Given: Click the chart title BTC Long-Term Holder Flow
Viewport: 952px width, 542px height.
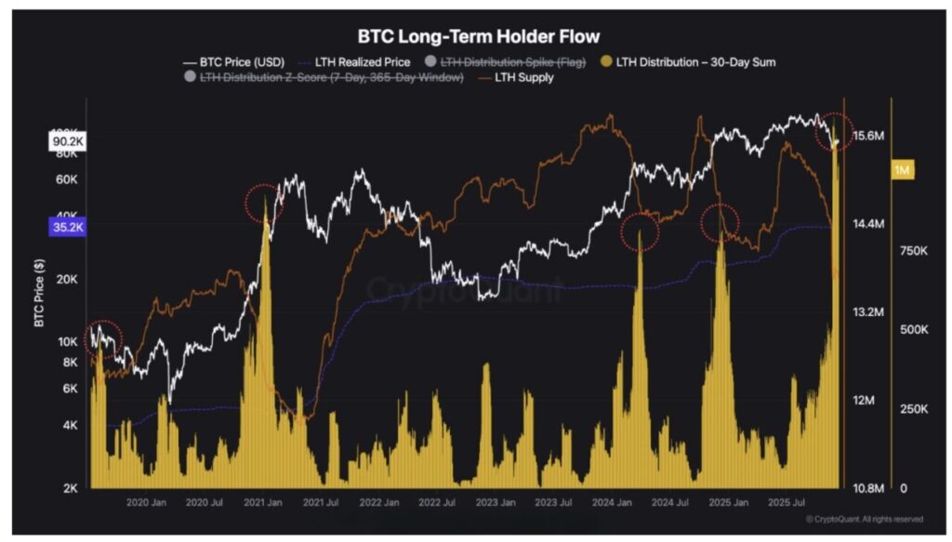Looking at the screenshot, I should click(479, 37).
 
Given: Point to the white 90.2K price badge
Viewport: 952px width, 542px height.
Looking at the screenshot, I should click(66, 140).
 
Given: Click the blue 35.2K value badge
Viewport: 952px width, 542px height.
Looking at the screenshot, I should click(66, 226).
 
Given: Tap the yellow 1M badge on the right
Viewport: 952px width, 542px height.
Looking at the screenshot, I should click(902, 170).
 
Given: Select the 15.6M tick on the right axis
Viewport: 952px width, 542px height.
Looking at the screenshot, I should click(868, 137).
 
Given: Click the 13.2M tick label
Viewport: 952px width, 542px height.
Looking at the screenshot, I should click(868, 311).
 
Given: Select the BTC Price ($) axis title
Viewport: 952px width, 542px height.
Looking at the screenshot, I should click(39, 294).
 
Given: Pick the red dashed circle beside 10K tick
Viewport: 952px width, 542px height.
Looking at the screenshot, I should click(103, 338).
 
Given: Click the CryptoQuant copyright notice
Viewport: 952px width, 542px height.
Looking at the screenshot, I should click(864, 520).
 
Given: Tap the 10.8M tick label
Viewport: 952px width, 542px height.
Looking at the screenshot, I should click(868, 488).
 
